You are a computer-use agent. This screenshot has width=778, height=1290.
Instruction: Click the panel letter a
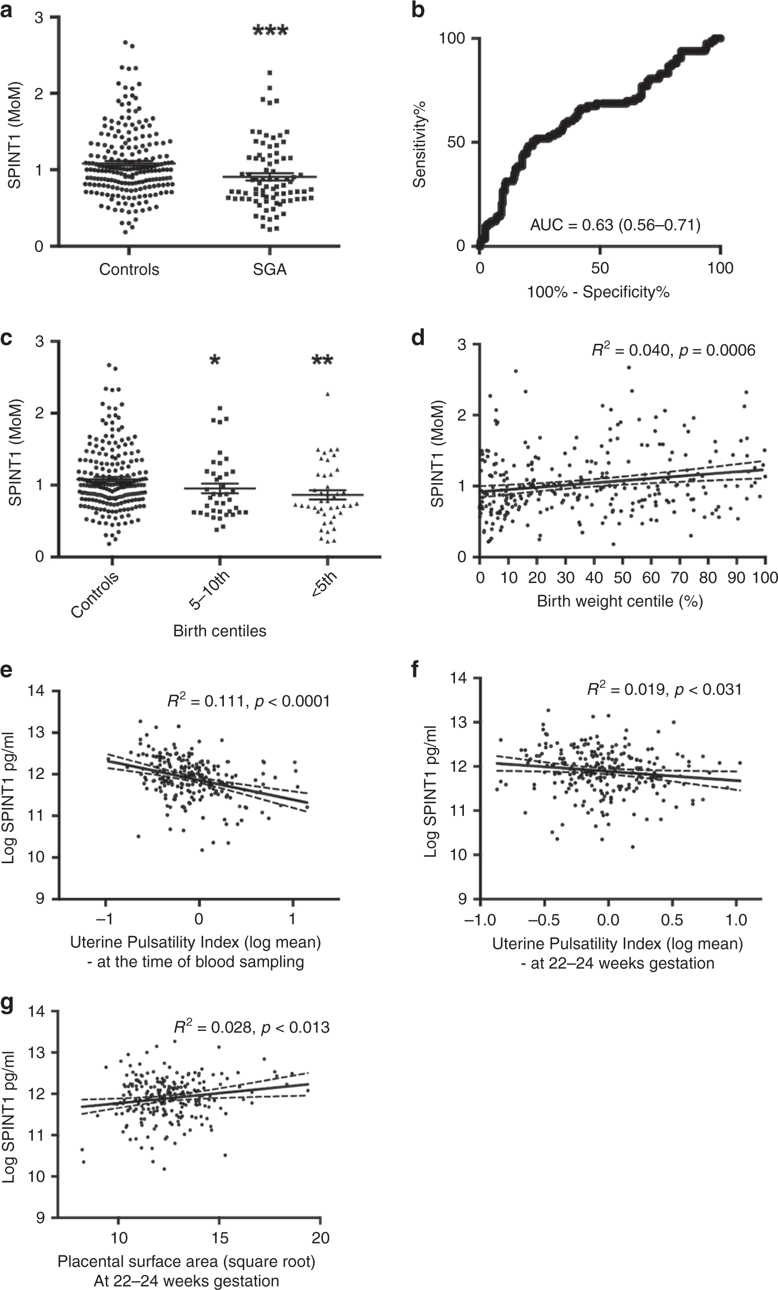click(7, 10)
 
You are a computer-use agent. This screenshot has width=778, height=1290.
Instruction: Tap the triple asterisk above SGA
click(270, 31)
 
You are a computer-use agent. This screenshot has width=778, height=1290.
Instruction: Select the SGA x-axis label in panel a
click(270, 270)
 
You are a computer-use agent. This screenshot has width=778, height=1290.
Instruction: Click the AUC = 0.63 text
click(615, 225)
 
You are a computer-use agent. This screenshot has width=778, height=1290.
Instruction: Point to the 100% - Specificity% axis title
click(599, 291)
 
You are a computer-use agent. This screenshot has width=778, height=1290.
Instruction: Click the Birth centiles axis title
click(219, 631)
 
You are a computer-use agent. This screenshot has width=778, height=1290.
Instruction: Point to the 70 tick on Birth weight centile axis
click(679, 577)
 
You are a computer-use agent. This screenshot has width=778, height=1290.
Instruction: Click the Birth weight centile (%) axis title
click(619, 601)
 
